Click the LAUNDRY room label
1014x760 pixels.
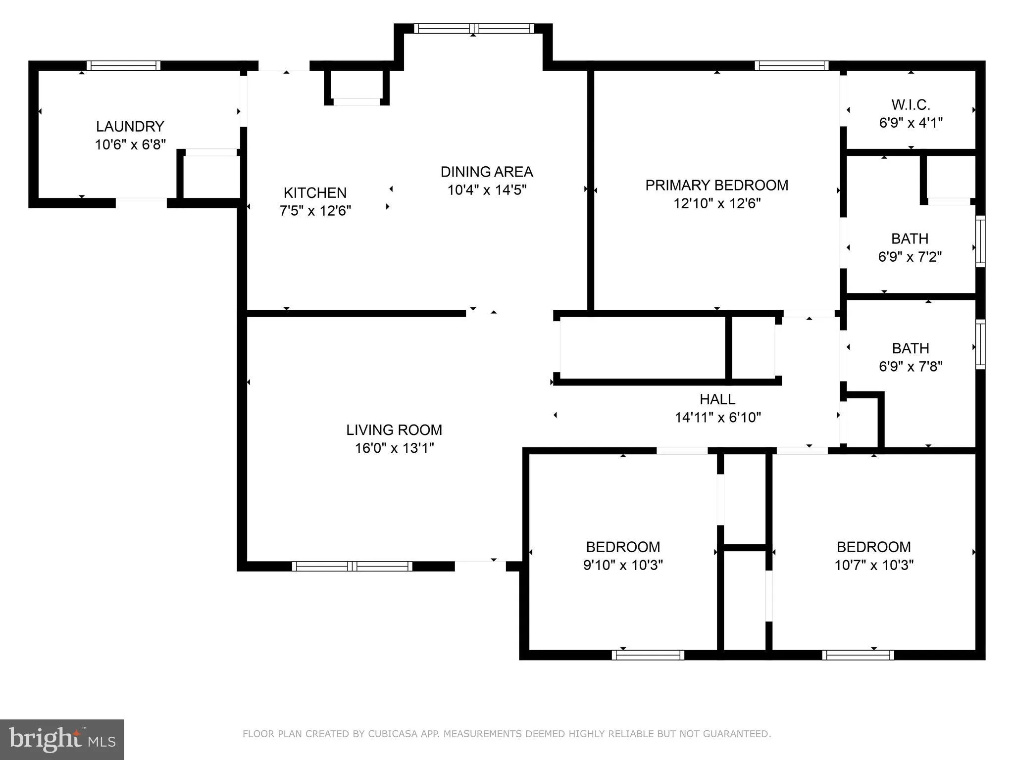click(x=130, y=127)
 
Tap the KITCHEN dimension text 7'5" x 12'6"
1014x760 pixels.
click(x=315, y=211)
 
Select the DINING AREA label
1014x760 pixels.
click(x=486, y=172)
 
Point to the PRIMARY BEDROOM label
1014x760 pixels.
click(x=716, y=185)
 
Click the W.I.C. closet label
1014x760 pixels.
click(x=911, y=105)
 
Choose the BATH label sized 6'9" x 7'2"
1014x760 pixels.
click(x=910, y=238)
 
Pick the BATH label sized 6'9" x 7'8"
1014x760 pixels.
click(x=910, y=348)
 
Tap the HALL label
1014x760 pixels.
click(x=717, y=399)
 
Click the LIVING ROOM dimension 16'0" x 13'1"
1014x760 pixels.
click(x=394, y=448)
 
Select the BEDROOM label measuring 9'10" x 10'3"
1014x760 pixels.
click(x=623, y=547)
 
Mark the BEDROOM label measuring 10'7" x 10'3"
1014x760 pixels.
click(x=873, y=547)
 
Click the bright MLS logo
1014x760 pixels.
click(x=62, y=740)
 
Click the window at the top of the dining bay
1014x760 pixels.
click(x=474, y=29)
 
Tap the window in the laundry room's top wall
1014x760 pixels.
click(x=123, y=65)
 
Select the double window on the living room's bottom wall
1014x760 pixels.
click(x=352, y=566)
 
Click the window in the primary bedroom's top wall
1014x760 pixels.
click(x=791, y=65)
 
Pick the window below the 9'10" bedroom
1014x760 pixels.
click(x=648, y=655)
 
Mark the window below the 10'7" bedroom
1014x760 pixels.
click(x=858, y=655)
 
